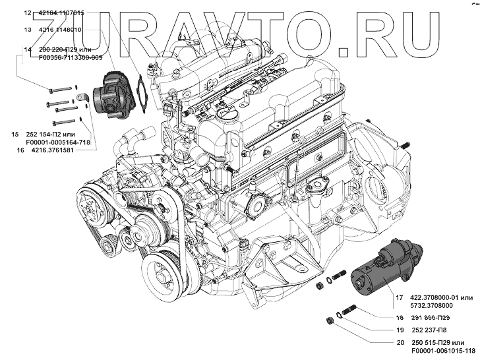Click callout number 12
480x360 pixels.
27,13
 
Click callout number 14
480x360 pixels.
27,49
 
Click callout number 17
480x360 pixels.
400,297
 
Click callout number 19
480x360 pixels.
400,330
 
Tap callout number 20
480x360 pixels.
400,343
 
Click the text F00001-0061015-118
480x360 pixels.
442,351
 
